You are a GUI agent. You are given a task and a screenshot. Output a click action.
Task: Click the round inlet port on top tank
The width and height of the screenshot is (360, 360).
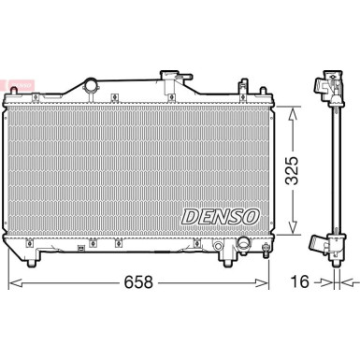click(92, 87)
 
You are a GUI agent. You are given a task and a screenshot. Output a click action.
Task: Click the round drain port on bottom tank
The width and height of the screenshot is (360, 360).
click(245, 244)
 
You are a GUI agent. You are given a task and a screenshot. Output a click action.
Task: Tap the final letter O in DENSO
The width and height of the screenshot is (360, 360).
click(251, 216)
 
